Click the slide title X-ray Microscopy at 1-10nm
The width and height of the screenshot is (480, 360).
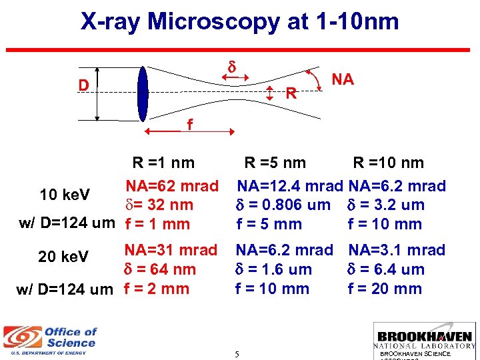pyautogui.click(x=239, y=22)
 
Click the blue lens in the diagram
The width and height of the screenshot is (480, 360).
pyautogui.click(x=143, y=94)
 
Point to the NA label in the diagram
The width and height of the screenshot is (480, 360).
pyautogui.click(x=342, y=80)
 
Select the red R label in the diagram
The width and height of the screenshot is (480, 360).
pyautogui.click(x=291, y=94)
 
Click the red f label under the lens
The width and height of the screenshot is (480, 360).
pyautogui.click(x=190, y=125)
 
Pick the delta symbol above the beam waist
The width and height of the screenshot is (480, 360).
pyautogui.click(x=233, y=67)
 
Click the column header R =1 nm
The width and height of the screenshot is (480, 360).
pyautogui.click(x=163, y=163)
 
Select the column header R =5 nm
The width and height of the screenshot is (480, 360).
pyautogui.click(x=275, y=163)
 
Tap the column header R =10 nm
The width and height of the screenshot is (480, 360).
pyautogui.click(x=388, y=163)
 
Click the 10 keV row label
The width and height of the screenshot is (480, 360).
pyautogui.click(x=65, y=195)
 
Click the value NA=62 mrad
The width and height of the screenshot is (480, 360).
pyautogui.click(x=172, y=185)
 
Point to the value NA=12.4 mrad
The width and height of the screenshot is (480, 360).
pyautogui.click(x=291, y=185)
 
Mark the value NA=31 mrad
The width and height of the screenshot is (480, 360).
pyautogui.click(x=172, y=250)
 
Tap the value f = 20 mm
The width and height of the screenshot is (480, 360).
pyautogui.click(x=385, y=289)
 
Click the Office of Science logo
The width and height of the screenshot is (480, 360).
pyautogui.click(x=51, y=339)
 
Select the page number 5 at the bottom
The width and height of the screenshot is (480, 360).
pyautogui.click(x=237, y=353)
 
